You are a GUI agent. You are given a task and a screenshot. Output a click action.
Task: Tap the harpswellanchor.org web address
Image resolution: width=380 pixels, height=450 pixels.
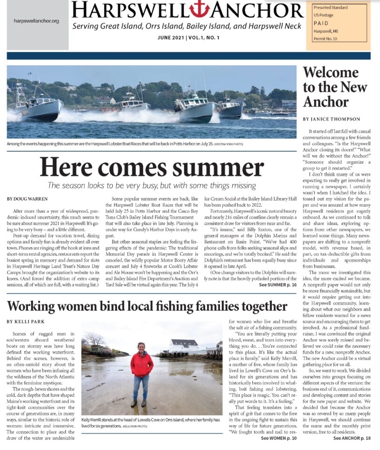pyautogui.click(x=36, y=21)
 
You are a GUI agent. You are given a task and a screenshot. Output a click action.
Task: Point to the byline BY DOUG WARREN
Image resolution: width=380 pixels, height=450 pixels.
pyautogui.click(x=27, y=199)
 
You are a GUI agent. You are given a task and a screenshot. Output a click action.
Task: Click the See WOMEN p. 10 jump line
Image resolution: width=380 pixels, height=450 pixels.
pyautogui.click(x=278, y=438)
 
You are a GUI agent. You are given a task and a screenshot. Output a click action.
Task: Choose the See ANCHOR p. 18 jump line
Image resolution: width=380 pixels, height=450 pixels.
pyautogui.click(x=352, y=438)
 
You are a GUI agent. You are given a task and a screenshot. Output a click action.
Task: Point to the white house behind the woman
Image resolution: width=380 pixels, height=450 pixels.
pyautogui.click(x=183, y=345)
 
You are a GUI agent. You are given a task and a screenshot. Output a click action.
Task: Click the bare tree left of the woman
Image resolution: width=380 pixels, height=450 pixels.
pyautogui.click(x=95, y=338)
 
